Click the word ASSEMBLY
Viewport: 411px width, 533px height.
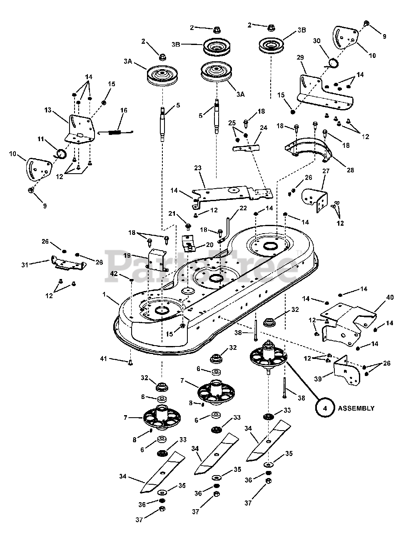(356, 408)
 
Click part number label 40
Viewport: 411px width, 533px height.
(390, 298)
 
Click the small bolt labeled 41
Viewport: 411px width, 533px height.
(130, 362)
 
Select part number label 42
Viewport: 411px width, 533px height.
(113, 274)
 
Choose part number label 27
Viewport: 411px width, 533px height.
(326, 171)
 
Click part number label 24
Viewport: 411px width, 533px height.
(264, 128)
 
